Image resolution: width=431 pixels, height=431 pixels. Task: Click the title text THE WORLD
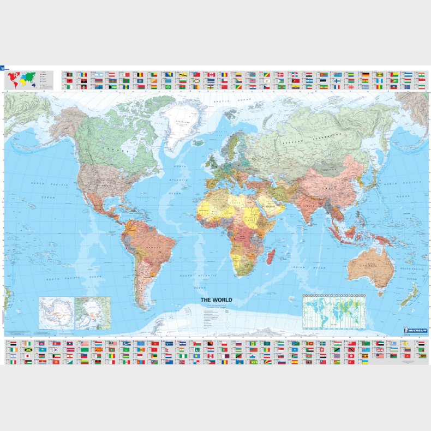(216, 300)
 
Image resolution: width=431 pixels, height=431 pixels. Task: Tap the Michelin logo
(416, 330)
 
